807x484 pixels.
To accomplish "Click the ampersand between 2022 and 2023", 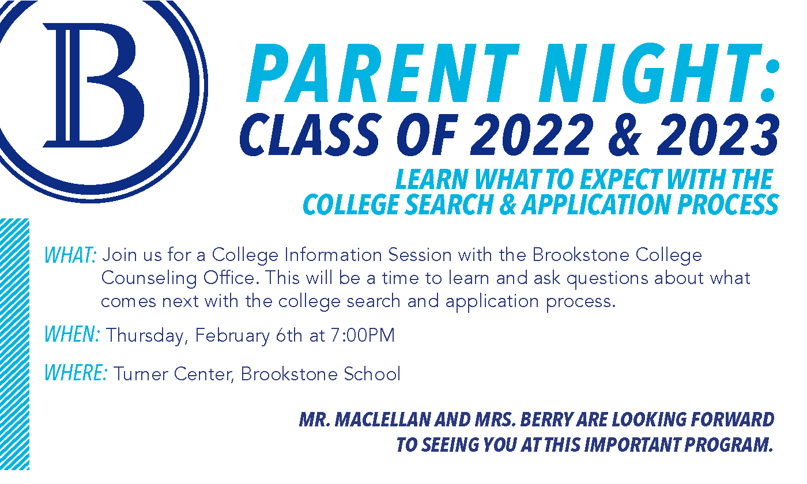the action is pyautogui.click(x=625, y=135).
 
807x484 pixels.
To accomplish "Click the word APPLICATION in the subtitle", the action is pyautogui.click(x=597, y=205).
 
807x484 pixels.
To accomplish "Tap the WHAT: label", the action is pyautogui.click(x=70, y=255).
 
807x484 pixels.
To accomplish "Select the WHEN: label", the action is pyautogui.click(x=72, y=334).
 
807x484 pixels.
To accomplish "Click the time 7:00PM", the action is pyautogui.click(x=363, y=335).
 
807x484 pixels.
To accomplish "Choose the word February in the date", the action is pyautogui.click(x=232, y=335).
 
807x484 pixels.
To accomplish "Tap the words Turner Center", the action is pyautogui.click(x=174, y=374).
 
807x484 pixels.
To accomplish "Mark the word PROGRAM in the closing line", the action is pyautogui.click(x=729, y=445).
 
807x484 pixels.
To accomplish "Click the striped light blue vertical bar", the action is pyautogui.click(x=14, y=344).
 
